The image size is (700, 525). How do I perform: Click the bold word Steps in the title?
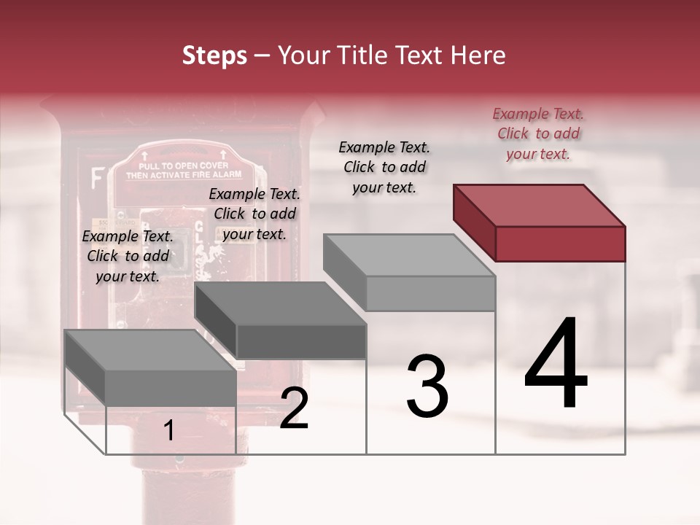tap(214, 55)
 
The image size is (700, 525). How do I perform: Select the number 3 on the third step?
tap(427, 386)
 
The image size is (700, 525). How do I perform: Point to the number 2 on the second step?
tap(294, 408)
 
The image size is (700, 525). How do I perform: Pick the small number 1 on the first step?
tap(168, 431)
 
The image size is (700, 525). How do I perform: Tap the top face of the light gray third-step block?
tap(409, 255)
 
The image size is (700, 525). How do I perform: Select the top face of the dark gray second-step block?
tap(280, 303)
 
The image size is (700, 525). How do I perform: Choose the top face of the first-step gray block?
tap(150, 350)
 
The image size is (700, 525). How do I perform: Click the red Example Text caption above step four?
tap(538, 133)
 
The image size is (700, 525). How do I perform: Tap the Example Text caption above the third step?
tap(384, 167)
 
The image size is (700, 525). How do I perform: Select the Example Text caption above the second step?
tap(254, 214)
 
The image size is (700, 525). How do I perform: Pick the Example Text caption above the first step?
tap(128, 256)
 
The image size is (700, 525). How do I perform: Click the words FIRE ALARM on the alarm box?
tap(219, 176)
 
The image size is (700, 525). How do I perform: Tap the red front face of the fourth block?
tap(560, 244)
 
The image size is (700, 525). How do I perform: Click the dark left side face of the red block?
tap(474, 222)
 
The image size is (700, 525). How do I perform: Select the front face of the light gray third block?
tap(430, 293)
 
